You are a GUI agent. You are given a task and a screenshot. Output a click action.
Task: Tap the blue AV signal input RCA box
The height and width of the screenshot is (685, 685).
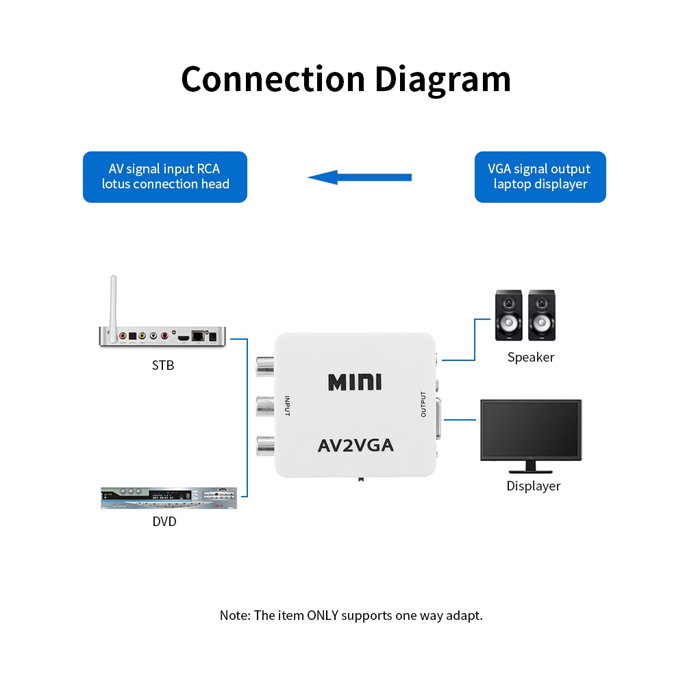click(x=165, y=177)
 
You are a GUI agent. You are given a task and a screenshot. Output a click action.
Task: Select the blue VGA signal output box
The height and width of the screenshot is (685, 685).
click(x=540, y=177)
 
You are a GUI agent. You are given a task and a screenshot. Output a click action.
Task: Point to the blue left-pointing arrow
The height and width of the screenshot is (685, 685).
click(x=360, y=177)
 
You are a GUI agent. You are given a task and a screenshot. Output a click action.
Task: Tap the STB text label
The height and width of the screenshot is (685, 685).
click(x=163, y=365)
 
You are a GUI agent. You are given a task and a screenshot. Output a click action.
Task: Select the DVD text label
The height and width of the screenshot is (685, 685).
click(x=164, y=522)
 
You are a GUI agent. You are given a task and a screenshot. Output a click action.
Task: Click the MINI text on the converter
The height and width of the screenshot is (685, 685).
click(x=355, y=382)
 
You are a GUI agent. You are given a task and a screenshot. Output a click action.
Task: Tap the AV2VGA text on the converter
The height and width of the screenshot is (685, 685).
click(x=356, y=446)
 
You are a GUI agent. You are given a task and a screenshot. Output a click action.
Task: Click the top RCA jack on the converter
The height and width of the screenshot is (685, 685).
click(x=264, y=368)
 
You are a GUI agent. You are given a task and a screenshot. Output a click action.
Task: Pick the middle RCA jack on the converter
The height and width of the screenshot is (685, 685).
click(x=264, y=408)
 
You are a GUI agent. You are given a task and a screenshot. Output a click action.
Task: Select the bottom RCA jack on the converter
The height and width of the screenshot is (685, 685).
click(x=264, y=447)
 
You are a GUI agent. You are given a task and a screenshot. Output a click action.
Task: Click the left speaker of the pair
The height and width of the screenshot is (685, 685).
click(x=508, y=316)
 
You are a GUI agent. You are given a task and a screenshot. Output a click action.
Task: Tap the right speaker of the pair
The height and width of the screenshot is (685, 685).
click(x=542, y=316)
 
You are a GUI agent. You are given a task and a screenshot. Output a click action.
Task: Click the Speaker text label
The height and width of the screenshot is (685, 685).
click(x=531, y=358)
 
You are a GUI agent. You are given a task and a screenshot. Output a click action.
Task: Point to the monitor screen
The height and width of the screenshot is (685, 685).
click(x=531, y=428)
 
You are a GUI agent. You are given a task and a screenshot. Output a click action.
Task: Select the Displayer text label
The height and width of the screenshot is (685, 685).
click(x=533, y=486)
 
